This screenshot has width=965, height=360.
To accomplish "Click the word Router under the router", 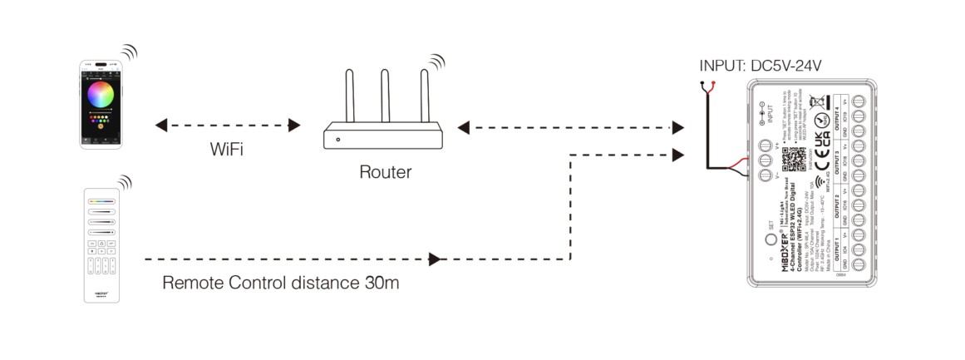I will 385,172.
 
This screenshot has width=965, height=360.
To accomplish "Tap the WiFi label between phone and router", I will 227,150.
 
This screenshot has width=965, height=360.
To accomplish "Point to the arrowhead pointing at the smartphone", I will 160,126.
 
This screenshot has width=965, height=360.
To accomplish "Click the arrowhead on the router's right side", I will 463,127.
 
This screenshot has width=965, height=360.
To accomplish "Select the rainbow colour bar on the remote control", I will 103,200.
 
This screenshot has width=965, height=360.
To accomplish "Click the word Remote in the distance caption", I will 193,283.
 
